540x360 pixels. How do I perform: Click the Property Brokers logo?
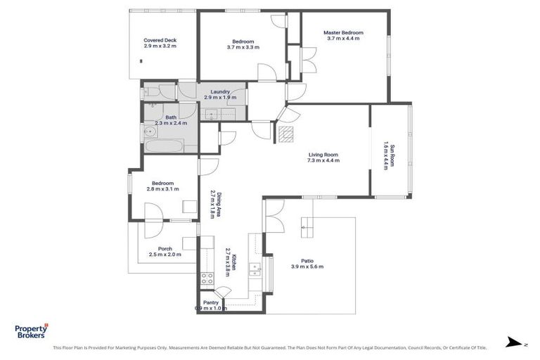click(32, 331)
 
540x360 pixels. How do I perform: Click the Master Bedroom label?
click(343, 32)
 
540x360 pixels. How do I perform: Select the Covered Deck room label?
click(160, 40)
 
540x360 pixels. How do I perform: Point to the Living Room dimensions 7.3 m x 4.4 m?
click(323, 160)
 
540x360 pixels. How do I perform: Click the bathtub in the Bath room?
click(164, 146)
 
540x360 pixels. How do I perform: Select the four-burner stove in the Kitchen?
click(207, 278)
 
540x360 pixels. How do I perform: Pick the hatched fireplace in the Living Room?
click(285, 134)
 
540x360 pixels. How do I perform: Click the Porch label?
click(165, 248)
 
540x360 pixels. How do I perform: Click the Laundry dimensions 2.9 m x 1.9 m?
click(219, 97)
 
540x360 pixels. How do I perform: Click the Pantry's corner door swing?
click(222, 292)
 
